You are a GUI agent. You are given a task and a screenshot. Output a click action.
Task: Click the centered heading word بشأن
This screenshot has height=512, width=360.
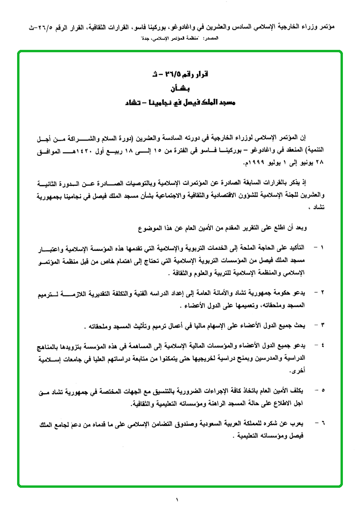point(179,89)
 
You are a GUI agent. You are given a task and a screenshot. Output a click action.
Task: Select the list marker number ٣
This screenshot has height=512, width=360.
point(322,325)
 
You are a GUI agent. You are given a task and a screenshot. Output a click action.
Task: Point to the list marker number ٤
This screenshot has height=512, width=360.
point(322,343)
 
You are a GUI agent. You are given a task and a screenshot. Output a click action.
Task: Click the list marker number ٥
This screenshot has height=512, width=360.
point(322,390)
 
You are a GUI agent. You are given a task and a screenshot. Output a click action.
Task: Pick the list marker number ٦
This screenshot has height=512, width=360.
point(322,421)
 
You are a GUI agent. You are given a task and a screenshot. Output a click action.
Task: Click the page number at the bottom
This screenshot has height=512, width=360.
point(177,499)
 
